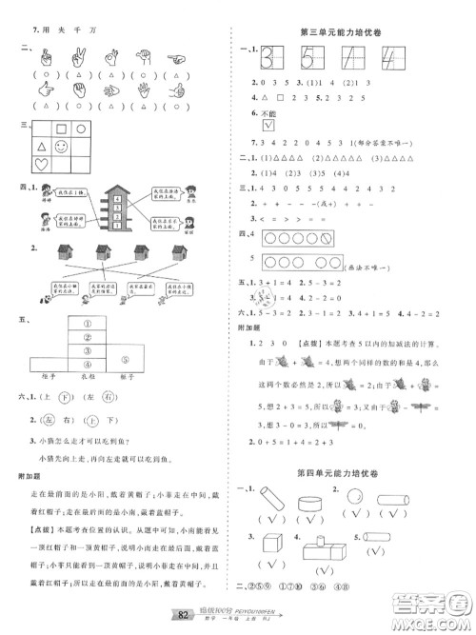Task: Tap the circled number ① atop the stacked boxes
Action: (x=88, y=322)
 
